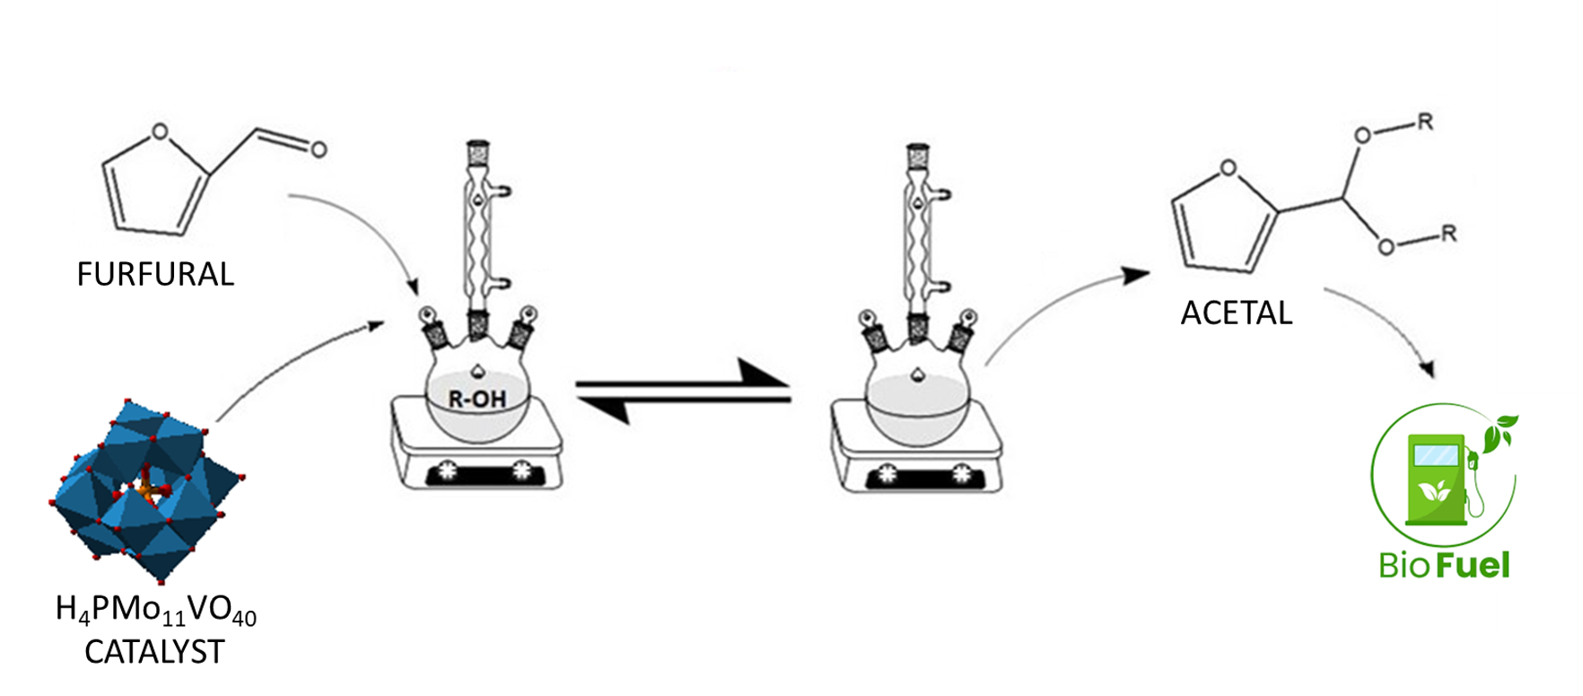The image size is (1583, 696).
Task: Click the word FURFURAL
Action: point(155,274)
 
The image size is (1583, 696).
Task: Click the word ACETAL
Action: point(1237,313)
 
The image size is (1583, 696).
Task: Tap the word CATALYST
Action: point(154,652)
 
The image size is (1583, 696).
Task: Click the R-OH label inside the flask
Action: point(477,399)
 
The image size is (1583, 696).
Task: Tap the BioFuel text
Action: point(1445,565)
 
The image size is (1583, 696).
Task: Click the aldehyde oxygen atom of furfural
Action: point(319,149)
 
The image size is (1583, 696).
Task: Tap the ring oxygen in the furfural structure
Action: point(160,132)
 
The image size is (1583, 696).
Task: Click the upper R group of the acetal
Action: point(1424,122)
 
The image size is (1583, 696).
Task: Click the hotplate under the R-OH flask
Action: point(477,449)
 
